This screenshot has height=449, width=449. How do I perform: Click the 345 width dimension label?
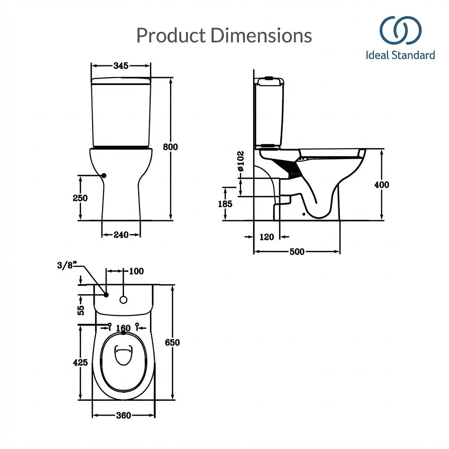(x=121, y=66)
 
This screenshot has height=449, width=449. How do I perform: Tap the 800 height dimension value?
(x=170, y=147)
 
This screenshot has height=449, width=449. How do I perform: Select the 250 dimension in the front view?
(x=80, y=198)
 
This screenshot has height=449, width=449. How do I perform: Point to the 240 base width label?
(x=121, y=235)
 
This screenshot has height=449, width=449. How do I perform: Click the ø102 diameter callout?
(x=240, y=161)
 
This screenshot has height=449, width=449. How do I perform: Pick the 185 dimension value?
(x=225, y=204)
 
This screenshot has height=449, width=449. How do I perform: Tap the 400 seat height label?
(x=381, y=185)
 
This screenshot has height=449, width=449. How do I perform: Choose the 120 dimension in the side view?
(x=267, y=237)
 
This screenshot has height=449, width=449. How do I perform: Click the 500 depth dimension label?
(x=297, y=252)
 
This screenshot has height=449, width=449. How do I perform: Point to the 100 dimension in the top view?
(x=136, y=271)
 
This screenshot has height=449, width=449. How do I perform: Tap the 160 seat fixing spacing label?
(x=123, y=328)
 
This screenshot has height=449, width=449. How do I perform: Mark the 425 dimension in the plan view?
(x=80, y=363)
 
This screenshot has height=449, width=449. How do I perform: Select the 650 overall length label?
(x=172, y=342)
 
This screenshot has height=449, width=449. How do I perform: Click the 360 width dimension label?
(x=123, y=415)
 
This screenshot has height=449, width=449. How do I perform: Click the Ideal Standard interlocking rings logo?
(x=400, y=31)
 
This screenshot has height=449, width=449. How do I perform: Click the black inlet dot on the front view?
(x=104, y=175)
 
